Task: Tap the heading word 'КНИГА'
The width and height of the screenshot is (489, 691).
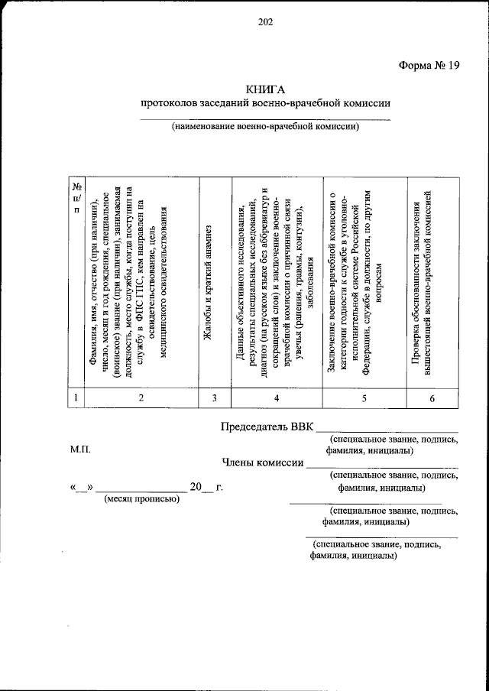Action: (x=265, y=89)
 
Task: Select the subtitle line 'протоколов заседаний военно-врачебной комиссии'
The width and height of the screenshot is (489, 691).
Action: (x=265, y=103)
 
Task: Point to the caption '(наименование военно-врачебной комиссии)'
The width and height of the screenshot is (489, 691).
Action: (x=265, y=127)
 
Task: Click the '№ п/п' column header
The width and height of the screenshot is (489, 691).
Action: (x=76, y=199)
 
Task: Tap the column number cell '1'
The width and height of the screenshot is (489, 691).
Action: (x=76, y=397)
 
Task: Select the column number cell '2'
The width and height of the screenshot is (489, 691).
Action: (x=141, y=397)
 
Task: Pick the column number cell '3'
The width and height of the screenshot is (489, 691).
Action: (x=215, y=397)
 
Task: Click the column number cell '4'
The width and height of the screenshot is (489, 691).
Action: (x=276, y=397)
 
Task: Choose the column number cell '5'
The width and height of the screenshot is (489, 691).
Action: (x=364, y=397)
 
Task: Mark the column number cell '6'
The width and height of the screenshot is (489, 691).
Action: (x=432, y=397)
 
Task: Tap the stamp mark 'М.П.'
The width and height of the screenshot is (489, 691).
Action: (x=80, y=451)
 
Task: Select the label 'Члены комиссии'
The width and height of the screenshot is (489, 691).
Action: (x=262, y=462)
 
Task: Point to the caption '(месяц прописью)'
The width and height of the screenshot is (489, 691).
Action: (x=141, y=499)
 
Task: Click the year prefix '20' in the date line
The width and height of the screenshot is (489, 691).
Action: (x=196, y=486)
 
